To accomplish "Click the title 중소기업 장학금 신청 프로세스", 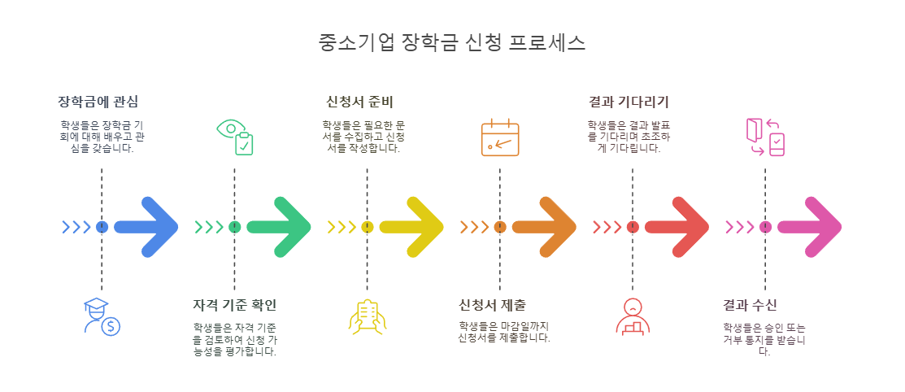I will pos(452,43).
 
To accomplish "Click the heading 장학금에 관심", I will pos(98,102).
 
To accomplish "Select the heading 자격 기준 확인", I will pos(234,305).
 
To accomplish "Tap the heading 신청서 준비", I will pos(359,102).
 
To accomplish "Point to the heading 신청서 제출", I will pos(493,305).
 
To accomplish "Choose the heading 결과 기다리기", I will pos(629,102).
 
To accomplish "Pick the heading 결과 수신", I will pos(750,305).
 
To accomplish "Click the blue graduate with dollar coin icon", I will pos(102,316).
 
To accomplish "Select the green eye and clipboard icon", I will pos(235,137).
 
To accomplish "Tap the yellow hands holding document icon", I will pos(367,316).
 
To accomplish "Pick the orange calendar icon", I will pos(500,137).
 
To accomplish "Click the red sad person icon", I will pos(633,316).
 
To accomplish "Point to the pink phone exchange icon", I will pos(765,137).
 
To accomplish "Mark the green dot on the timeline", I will pos(234,227).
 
